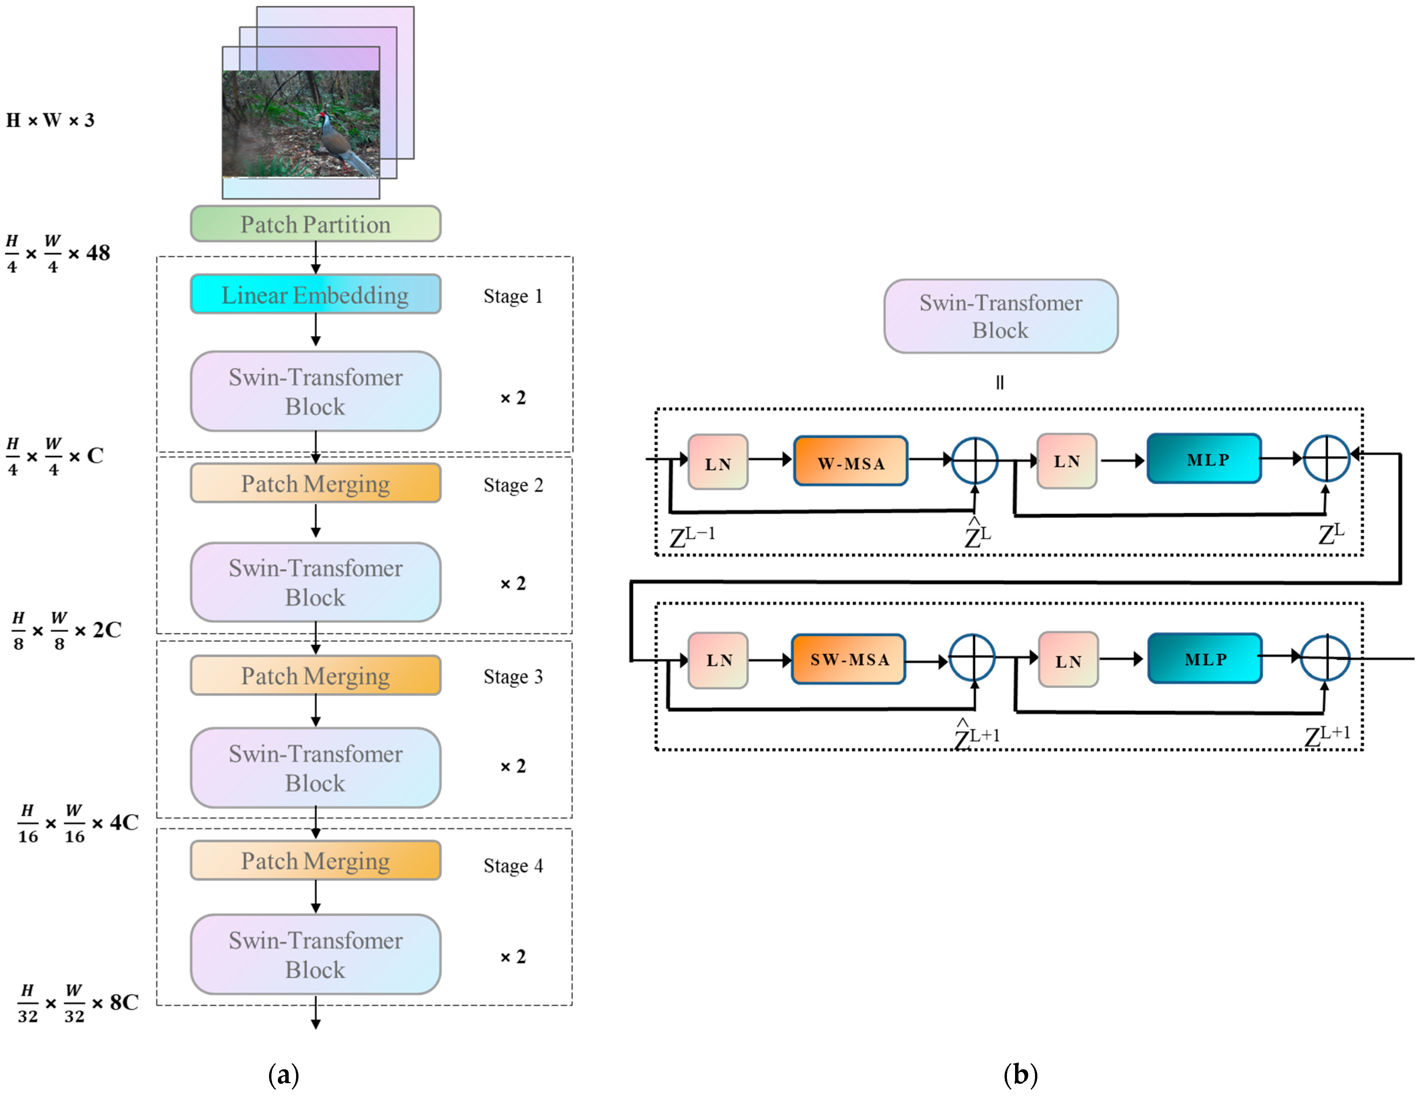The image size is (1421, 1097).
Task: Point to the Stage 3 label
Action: (513, 677)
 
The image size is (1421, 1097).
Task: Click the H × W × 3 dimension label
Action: (50, 120)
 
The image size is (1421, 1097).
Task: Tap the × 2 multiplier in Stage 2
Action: (513, 583)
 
